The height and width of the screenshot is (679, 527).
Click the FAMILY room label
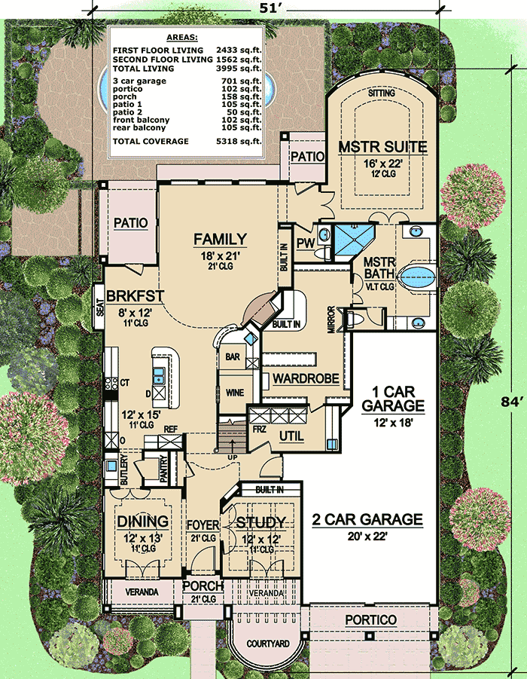point(221,240)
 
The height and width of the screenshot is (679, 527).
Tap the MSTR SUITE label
point(382,147)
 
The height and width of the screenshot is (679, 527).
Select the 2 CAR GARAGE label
point(367,519)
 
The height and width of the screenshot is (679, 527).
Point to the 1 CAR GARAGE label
point(393,399)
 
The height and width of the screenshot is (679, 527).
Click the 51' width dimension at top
point(267,8)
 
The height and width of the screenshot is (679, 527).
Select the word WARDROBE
point(306,378)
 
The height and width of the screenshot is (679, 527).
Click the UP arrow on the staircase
point(233,445)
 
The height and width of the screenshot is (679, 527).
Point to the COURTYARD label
point(268,644)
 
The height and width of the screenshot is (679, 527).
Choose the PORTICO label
point(370,620)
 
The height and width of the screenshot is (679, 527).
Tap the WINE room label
point(235,393)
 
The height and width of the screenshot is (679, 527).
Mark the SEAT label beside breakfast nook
point(100,307)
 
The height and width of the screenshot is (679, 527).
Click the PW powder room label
point(306,244)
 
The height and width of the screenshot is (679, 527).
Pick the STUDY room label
point(260,523)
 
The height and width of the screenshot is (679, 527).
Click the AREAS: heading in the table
point(181,38)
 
